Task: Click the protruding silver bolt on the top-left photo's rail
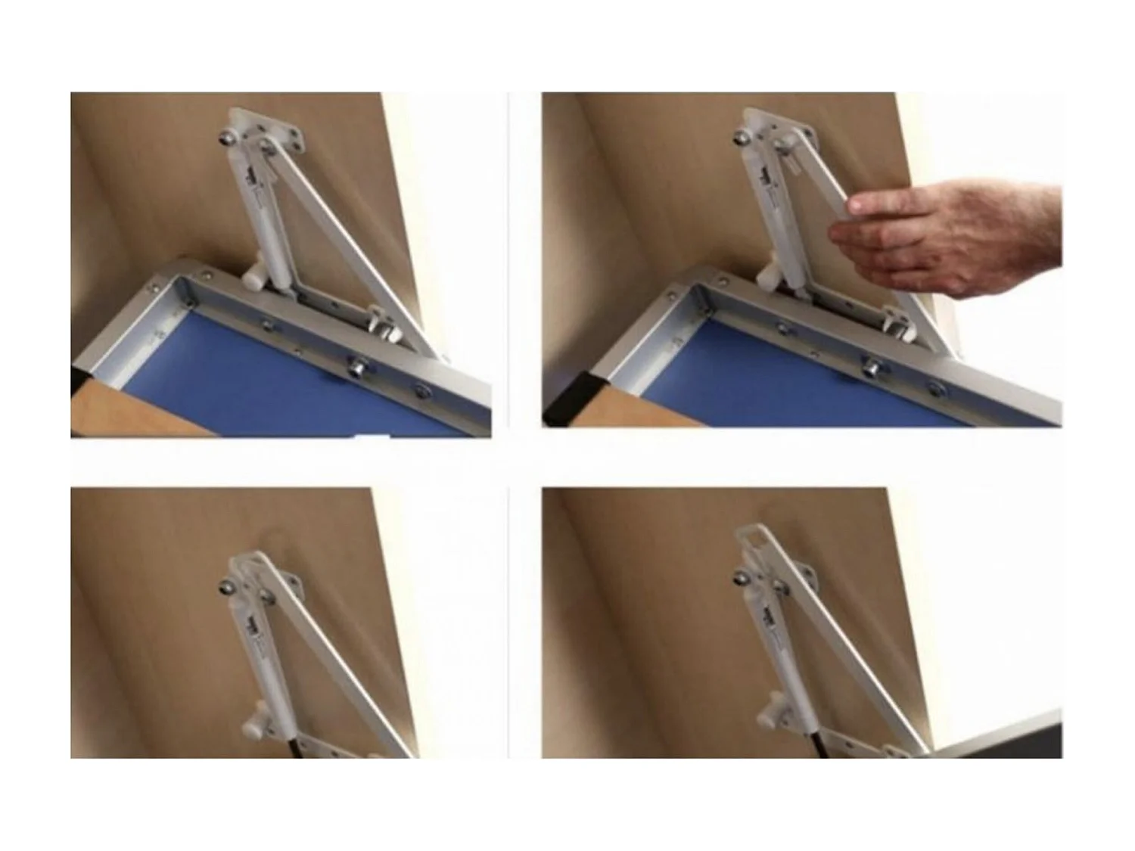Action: point(356,368)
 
